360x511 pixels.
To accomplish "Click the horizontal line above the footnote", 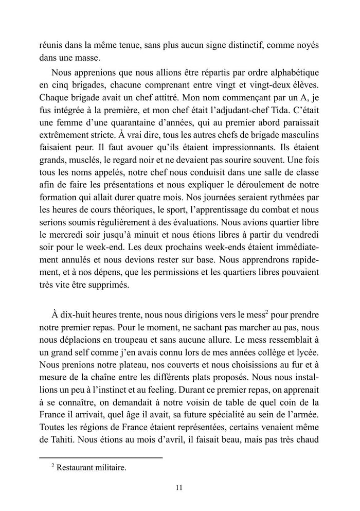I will click(x=101, y=457).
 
